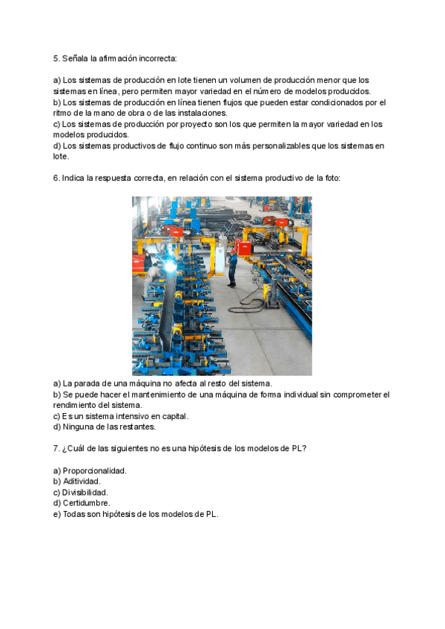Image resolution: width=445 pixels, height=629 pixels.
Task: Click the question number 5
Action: [x=56, y=57]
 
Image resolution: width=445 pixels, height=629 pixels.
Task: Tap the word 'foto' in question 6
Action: [x=331, y=179]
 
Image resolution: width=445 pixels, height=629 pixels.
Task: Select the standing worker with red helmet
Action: [x=232, y=268]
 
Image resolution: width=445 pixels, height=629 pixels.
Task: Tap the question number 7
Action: [x=56, y=449]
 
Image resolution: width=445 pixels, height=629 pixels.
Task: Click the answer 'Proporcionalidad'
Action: [x=94, y=471]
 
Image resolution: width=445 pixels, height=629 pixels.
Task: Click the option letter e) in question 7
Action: [x=57, y=514]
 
